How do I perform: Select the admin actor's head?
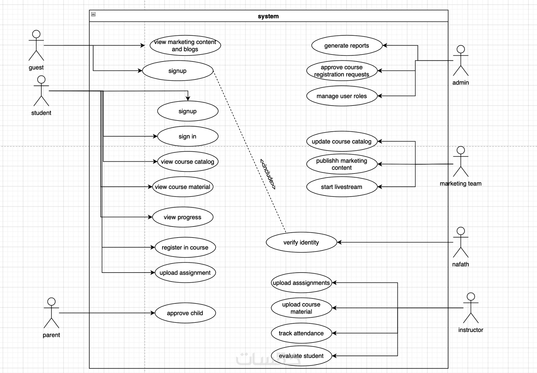pyautogui.click(x=461, y=49)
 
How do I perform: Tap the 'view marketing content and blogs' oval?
pyautogui.click(x=185, y=45)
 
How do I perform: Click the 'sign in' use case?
pyautogui.click(x=187, y=136)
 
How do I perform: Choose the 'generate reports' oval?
pyautogui.click(x=347, y=45)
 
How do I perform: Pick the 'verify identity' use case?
pyautogui.click(x=301, y=242)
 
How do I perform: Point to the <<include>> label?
pyautogui.click(x=268, y=174)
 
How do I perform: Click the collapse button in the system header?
pyautogui.click(x=93, y=14)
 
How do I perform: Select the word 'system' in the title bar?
pyautogui.click(x=268, y=16)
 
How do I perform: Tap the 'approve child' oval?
pyautogui.click(x=185, y=313)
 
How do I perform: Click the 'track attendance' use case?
pyautogui.click(x=301, y=333)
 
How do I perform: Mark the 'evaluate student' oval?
pyautogui.click(x=301, y=356)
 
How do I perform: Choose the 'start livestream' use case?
pyautogui.click(x=341, y=187)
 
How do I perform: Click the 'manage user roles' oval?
pyautogui.click(x=341, y=96)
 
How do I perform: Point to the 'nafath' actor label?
pyautogui.click(x=461, y=264)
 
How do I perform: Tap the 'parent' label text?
pyautogui.click(x=51, y=335)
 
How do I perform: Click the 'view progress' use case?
pyautogui.click(x=183, y=217)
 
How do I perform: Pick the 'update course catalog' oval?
pyautogui.click(x=341, y=141)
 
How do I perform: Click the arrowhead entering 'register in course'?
pyautogui.click(x=153, y=247)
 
